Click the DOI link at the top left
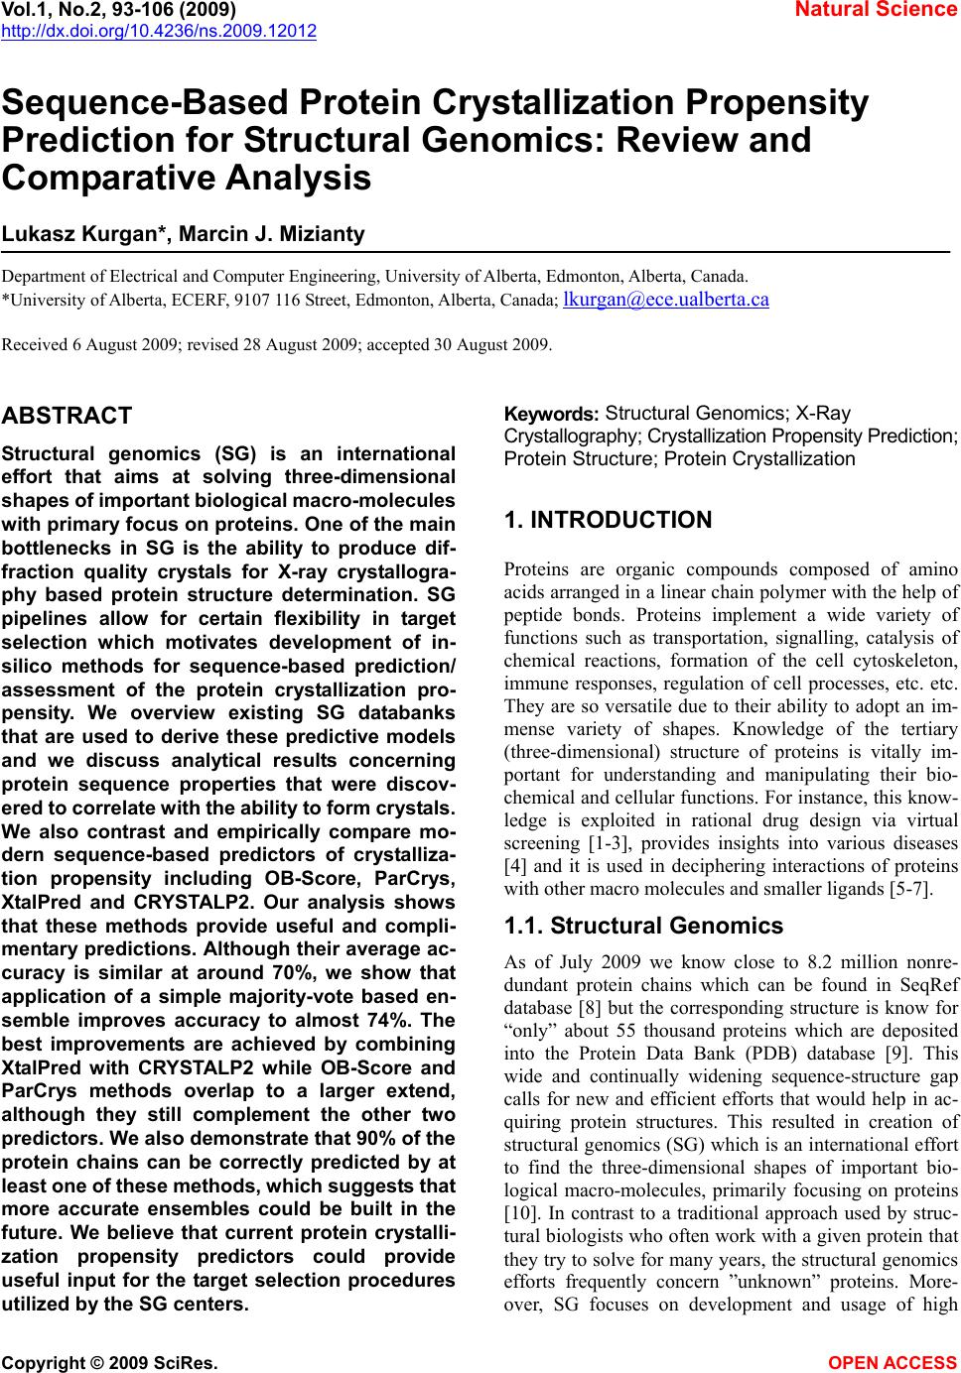coord(159,32)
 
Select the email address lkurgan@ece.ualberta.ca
coord(665,299)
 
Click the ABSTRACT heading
coord(68,416)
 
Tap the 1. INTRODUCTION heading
coord(608,520)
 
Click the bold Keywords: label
coord(551,414)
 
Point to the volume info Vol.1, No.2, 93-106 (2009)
coord(119,10)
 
